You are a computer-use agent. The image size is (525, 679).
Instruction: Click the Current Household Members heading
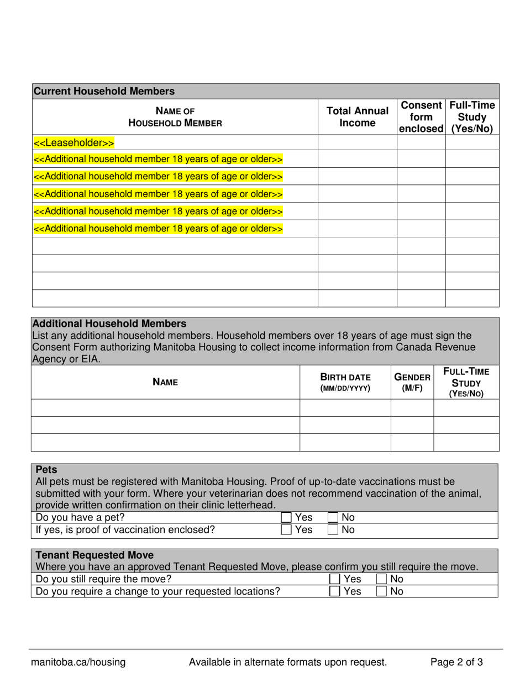(104, 91)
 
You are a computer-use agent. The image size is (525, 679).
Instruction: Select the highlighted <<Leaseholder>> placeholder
(74, 143)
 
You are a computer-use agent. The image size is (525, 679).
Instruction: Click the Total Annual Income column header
(357, 116)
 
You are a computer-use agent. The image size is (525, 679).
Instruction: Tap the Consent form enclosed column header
(421, 116)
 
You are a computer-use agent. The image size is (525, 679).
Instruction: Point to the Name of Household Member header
(175, 116)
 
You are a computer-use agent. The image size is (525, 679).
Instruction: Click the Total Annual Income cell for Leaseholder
(357, 143)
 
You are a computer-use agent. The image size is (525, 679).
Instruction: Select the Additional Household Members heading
(109, 323)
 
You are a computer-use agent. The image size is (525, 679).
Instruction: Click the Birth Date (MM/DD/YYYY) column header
(345, 382)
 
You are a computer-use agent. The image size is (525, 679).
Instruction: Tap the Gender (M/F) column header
(412, 381)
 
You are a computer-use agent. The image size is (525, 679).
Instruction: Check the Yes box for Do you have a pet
(286, 518)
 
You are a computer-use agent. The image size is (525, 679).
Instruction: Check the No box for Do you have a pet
(333, 518)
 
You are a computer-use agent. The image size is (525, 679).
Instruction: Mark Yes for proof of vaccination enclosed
(286, 530)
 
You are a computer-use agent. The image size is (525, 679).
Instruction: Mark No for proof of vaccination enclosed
(333, 530)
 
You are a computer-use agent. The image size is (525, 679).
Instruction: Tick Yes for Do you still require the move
(334, 579)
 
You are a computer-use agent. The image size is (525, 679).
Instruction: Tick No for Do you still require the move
(381, 579)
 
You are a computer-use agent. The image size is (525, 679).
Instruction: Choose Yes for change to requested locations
(334, 591)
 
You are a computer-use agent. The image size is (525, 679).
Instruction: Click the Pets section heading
(46, 470)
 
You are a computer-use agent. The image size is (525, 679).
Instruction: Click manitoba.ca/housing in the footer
(78, 662)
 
